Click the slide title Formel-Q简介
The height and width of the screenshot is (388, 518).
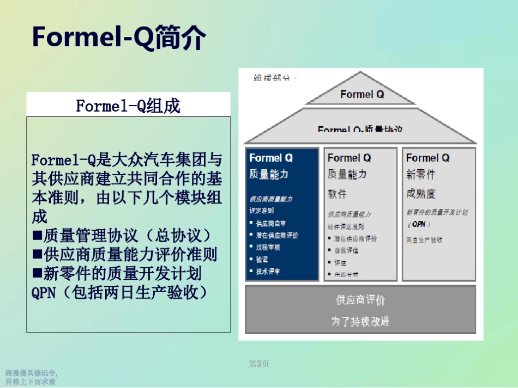pyautogui.click(x=119, y=37)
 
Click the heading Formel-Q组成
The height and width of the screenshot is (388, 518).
pyautogui.click(x=128, y=106)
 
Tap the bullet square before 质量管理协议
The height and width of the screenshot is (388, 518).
pyautogui.click(x=37, y=236)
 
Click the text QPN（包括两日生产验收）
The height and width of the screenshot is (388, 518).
pyautogui.click(x=121, y=292)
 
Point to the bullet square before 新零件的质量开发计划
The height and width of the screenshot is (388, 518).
pyautogui.click(x=37, y=273)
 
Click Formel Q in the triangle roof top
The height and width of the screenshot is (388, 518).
pyautogui.click(x=362, y=94)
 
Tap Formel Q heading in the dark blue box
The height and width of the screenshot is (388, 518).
pyautogui.click(x=271, y=158)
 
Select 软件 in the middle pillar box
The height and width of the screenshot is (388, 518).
pyautogui.click(x=337, y=193)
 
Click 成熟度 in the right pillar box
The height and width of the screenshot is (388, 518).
pyautogui.click(x=420, y=193)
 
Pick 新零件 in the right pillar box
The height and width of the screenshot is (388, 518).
pyautogui.click(x=420, y=175)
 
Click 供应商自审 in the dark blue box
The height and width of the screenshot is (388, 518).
pyautogui.click(x=271, y=224)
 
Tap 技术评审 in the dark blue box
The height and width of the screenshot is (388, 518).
pyautogui.click(x=268, y=272)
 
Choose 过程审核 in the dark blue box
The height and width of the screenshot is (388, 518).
pyautogui.click(x=268, y=248)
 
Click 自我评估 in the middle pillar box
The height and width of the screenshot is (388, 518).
pyautogui.click(x=346, y=251)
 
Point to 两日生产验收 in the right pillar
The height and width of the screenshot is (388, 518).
pyautogui.click(x=424, y=239)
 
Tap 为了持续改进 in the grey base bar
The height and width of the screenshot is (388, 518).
pyautogui.click(x=360, y=321)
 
